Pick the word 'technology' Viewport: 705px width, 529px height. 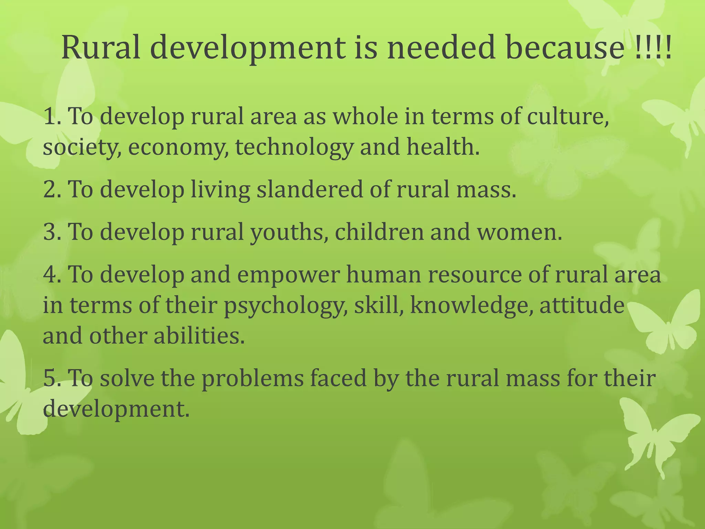(294, 147)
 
